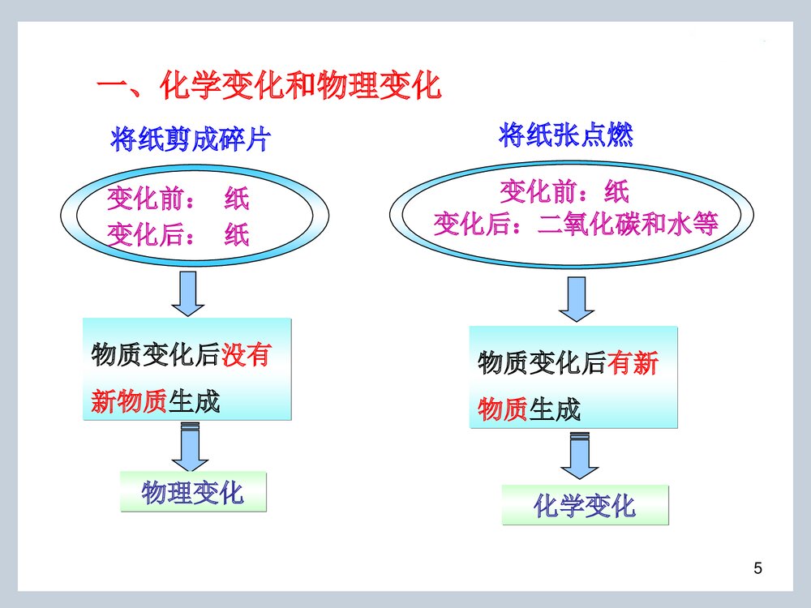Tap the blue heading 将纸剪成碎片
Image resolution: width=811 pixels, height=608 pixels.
coord(188,140)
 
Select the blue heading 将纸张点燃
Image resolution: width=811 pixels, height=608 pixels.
coord(565,135)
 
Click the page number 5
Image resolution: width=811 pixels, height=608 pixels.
coord(757,567)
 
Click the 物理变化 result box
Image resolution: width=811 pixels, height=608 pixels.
coord(193,492)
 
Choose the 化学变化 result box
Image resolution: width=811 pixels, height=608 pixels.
coord(585,506)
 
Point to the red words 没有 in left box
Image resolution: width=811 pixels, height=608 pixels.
coord(245,355)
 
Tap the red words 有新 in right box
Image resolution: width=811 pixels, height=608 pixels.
coord(633,364)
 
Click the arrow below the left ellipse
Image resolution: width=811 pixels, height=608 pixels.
coord(188,293)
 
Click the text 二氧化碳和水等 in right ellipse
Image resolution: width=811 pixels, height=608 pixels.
coord(629,223)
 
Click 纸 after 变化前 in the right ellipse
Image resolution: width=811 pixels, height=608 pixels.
coord(616,191)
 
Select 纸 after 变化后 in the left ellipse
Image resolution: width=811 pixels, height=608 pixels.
coord(237,235)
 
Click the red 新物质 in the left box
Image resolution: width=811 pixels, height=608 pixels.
coord(129,400)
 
